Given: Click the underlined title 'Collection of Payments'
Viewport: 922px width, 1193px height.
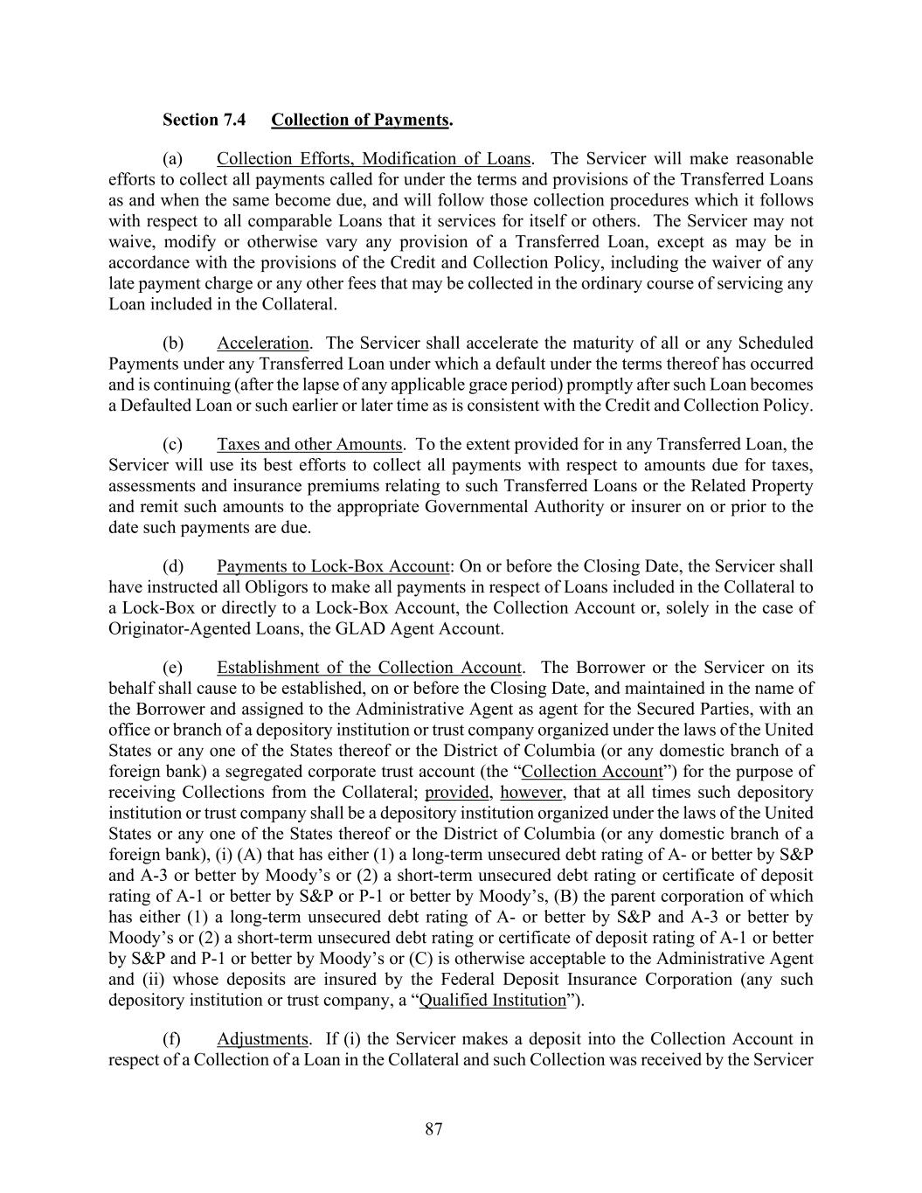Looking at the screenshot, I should coord(359,119).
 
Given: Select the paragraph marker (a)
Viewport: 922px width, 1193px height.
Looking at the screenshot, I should coord(172,158).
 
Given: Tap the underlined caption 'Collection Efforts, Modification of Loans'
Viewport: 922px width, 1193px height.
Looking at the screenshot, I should coord(373,158).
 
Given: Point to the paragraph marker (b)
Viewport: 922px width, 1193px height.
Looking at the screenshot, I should coord(172,343).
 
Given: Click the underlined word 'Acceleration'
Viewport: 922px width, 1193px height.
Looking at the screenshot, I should coord(262,343).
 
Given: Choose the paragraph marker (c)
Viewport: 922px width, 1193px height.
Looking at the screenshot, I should coord(172,444).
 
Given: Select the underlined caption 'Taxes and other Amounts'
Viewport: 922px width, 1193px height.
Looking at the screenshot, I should coord(309,444).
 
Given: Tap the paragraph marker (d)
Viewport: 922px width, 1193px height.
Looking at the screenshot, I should coord(172,565).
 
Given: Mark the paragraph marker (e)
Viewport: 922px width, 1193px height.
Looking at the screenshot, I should coord(172,668).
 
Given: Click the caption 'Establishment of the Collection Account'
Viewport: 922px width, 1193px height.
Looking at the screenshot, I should coord(369,668).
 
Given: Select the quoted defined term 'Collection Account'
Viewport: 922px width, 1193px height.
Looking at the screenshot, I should coord(592,772).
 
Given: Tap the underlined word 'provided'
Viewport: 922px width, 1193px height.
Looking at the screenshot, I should coord(456,793).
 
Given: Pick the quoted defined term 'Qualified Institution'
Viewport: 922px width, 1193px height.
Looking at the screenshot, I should coord(493,1000).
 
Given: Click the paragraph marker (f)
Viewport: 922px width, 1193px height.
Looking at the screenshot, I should coord(172,1039).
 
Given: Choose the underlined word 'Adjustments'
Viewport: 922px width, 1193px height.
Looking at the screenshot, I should coord(262,1039).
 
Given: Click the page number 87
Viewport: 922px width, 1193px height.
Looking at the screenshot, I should coord(434,1129).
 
